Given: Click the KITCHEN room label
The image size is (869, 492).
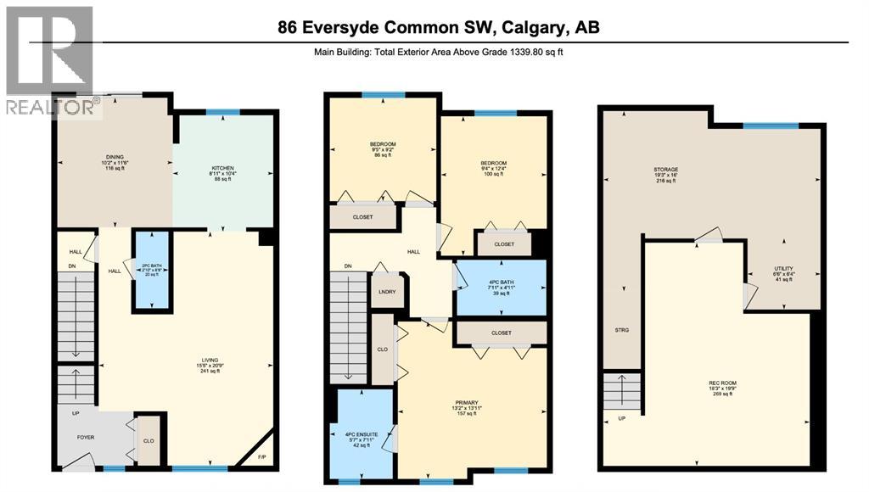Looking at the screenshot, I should tap(222, 168).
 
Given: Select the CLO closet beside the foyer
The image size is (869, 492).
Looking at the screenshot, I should tap(148, 441).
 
